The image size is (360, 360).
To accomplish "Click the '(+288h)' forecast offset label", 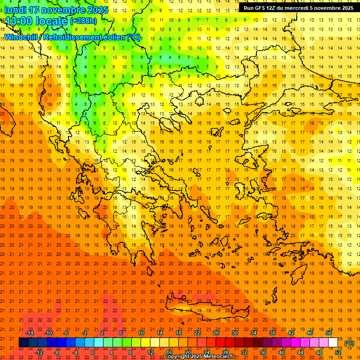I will click(83, 21).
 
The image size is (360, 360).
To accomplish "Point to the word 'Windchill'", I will click(23, 37).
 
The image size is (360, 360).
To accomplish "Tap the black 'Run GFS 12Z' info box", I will click(298, 8).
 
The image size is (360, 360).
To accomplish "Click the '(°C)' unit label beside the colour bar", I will click(349, 343).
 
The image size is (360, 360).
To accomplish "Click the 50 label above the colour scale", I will click(329, 333).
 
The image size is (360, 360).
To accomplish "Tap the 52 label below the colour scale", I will click(338, 352).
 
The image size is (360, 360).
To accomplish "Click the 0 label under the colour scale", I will click(94, 352).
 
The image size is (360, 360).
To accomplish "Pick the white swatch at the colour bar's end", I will click(333, 343).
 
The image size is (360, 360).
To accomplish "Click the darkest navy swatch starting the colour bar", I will click(23, 343).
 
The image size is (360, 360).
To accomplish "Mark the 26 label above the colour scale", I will click(216, 333).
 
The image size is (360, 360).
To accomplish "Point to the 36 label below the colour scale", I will click(263, 352).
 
